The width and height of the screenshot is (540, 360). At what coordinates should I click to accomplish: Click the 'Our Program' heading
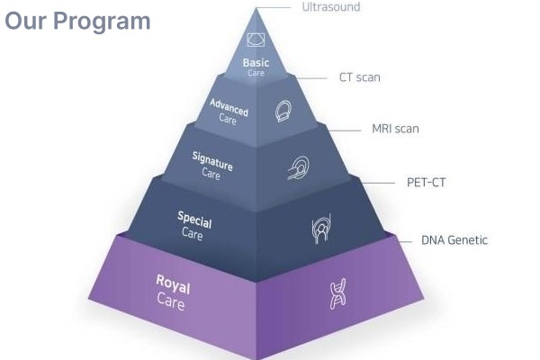tap(78, 21)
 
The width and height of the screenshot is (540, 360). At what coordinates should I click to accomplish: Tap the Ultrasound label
tap(330, 7)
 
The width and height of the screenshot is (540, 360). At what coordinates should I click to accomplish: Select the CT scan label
tap(359, 77)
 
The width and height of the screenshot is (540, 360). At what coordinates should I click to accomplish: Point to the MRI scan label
tap(395, 129)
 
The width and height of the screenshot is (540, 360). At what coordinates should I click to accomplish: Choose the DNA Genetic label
tap(454, 240)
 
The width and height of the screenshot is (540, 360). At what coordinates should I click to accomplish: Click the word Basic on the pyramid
tap(256, 63)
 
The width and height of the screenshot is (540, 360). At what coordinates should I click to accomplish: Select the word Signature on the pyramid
tap(212, 160)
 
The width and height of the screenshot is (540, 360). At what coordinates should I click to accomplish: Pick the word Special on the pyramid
tap(194, 217)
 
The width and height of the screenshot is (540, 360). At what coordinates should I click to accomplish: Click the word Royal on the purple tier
tap(173, 286)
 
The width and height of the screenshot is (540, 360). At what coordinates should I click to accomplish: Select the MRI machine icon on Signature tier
tap(299, 166)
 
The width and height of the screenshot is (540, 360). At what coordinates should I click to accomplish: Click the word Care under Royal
tap(170, 304)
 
